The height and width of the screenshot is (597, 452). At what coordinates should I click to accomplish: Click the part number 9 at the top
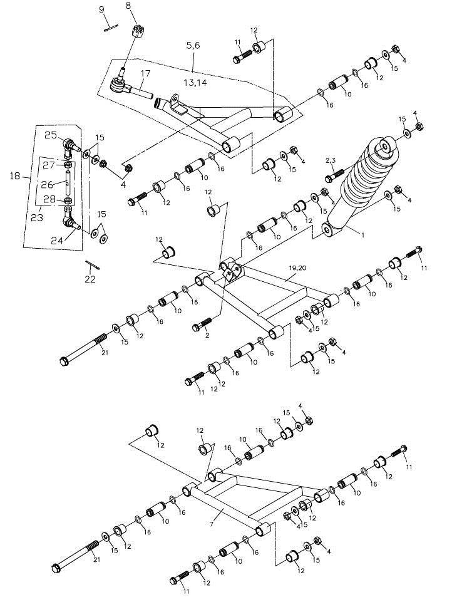[x=101, y=9]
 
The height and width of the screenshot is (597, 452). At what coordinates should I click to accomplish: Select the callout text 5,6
[x=194, y=46]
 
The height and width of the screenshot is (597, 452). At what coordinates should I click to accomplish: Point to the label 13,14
[x=195, y=83]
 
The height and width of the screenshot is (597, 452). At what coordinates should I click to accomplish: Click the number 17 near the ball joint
[x=145, y=74]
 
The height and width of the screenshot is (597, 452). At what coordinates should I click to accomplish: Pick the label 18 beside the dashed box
[x=16, y=177]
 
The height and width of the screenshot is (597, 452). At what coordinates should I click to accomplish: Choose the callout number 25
[x=50, y=135]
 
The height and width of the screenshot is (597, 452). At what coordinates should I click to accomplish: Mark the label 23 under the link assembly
[x=36, y=217]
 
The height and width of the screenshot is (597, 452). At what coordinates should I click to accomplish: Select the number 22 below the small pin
[x=90, y=279]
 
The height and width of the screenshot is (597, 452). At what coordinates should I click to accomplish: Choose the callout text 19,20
[x=297, y=267]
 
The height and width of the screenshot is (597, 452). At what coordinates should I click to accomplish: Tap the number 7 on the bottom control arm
[x=212, y=513]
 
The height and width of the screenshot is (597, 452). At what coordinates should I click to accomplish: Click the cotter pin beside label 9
[x=111, y=26]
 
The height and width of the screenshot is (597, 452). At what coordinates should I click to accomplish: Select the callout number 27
[x=49, y=165]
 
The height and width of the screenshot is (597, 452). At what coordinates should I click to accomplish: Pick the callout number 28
[x=49, y=199]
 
